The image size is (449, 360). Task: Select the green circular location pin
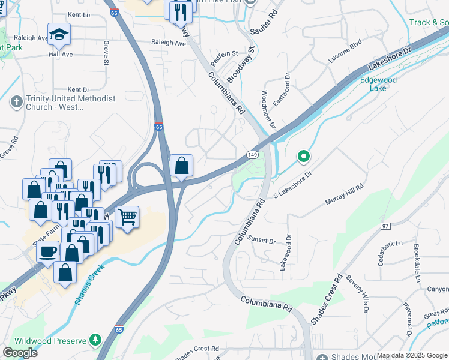(304, 157)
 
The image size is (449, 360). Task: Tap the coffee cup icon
(47, 251)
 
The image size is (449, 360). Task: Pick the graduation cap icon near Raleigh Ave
(59, 34)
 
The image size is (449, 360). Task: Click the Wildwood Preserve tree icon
(95, 340)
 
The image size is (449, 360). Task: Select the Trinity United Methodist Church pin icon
(16, 102)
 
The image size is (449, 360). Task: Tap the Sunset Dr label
(262, 241)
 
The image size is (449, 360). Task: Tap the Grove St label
(106, 53)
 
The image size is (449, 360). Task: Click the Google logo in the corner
(20, 353)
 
